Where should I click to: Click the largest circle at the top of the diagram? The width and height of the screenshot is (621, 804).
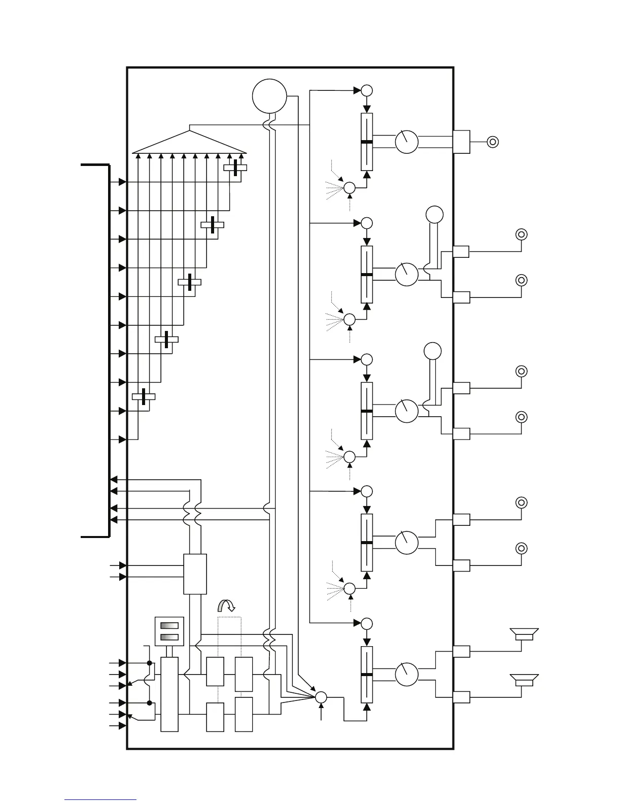269,96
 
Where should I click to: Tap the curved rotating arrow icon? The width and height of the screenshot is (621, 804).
226,605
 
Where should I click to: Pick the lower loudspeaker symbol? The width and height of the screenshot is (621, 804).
524,680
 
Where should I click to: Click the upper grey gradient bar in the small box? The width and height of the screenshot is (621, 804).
169,625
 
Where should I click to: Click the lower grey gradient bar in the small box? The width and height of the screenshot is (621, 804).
169,638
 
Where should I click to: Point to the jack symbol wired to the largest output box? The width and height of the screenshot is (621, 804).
492,142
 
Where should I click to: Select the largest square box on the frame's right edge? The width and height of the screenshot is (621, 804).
461,142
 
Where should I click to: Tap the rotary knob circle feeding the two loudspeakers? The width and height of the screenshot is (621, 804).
406,674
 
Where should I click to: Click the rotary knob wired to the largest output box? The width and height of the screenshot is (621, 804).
406,142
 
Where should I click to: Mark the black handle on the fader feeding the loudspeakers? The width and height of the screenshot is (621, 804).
366,675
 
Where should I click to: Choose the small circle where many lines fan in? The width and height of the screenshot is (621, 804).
321,697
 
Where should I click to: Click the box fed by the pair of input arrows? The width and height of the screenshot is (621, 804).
195,574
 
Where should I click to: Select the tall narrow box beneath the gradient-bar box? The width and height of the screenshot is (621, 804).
169,694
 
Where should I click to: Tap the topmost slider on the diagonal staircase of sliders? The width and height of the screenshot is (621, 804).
235,167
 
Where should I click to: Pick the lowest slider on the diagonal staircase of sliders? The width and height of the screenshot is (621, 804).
144,396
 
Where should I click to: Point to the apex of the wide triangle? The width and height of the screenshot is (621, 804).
190,130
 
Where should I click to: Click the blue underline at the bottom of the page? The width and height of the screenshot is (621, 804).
100,800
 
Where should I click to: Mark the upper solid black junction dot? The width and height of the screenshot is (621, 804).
149,663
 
